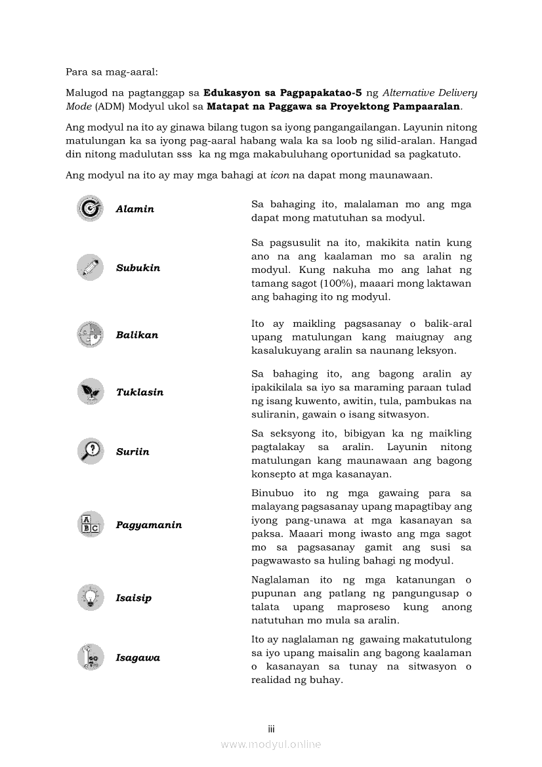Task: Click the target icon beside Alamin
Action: click(x=89, y=209)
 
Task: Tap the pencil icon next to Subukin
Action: click(x=89, y=268)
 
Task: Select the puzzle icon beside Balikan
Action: click(x=89, y=335)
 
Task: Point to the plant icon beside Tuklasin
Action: click(x=89, y=392)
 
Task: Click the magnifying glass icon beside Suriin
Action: click(x=89, y=451)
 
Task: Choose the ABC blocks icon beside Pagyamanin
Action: click(x=89, y=525)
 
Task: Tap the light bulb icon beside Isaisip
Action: click(x=89, y=598)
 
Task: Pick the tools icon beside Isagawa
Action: click(x=89, y=657)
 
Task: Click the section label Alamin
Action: click(x=135, y=209)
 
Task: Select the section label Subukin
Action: click(x=138, y=268)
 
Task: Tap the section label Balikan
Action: click(x=137, y=335)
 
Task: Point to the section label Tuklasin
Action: click(x=140, y=392)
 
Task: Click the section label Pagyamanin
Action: click(x=149, y=525)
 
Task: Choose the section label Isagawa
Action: click(x=138, y=658)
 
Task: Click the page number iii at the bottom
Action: click(x=271, y=729)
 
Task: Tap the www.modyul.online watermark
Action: click(x=271, y=744)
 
